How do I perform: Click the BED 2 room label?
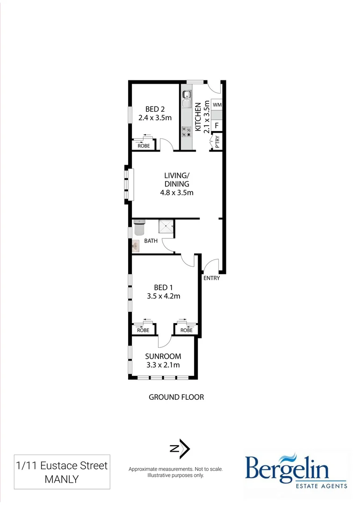point(155,109)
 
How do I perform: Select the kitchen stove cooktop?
point(187,132)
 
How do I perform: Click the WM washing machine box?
point(217,105)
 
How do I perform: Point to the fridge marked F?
point(217,125)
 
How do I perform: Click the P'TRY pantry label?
point(216,142)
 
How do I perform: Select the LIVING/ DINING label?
point(177,180)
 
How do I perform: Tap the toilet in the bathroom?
point(140,227)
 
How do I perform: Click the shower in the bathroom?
point(166,227)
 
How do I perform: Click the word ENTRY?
point(211,278)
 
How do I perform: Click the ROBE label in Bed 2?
point(143,146)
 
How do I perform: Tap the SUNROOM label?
point(163,356)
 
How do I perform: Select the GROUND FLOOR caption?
point(176,397)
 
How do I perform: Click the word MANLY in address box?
point(61,479)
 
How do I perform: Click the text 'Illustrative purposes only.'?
point(175,475)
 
